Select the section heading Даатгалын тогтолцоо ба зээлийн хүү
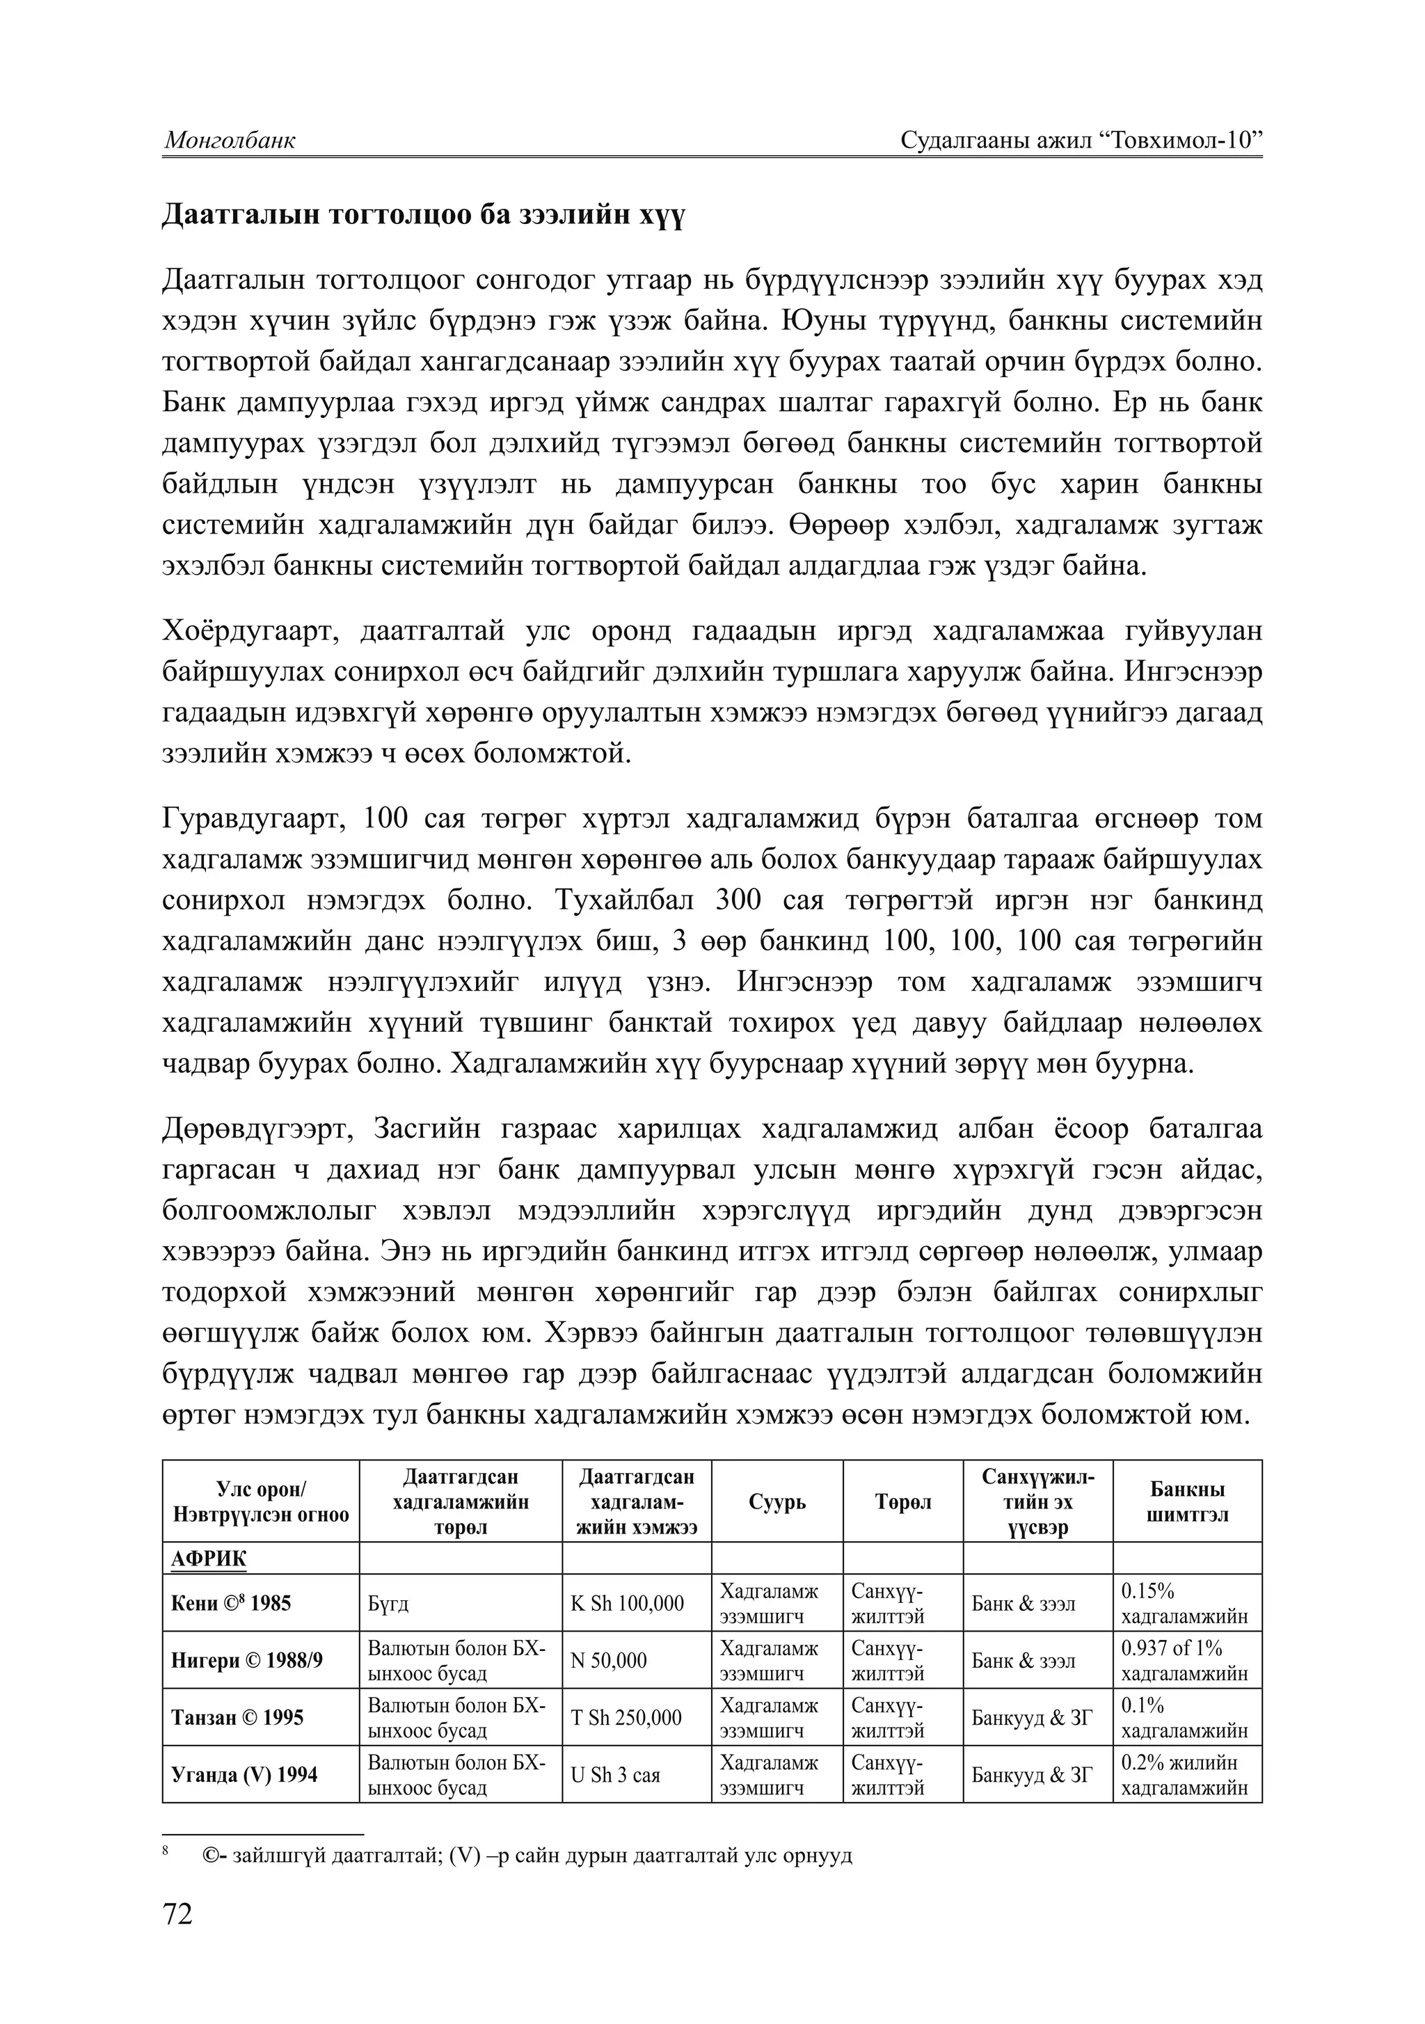point(422,216)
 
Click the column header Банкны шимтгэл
point(1186,1502)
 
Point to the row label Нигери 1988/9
point(246,1661)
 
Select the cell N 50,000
point(608,1661)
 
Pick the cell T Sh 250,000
point(626,1717)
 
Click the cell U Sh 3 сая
point(616,1774)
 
